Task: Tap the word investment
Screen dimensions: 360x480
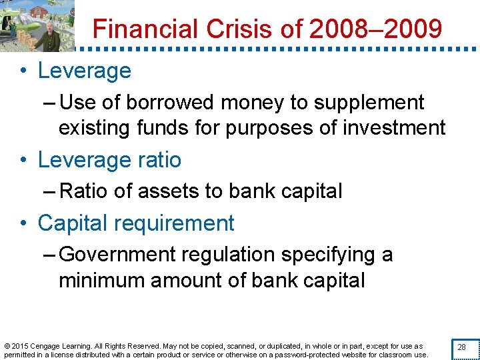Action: pyautogui.click(x=393, y=127)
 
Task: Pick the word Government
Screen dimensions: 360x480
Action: pyautogui.click(x=117, y=255)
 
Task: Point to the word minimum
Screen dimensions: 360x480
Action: pyautogui.click(x=101, y=280)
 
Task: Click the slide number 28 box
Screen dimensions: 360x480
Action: pyautogui.click(x=461, y=348)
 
